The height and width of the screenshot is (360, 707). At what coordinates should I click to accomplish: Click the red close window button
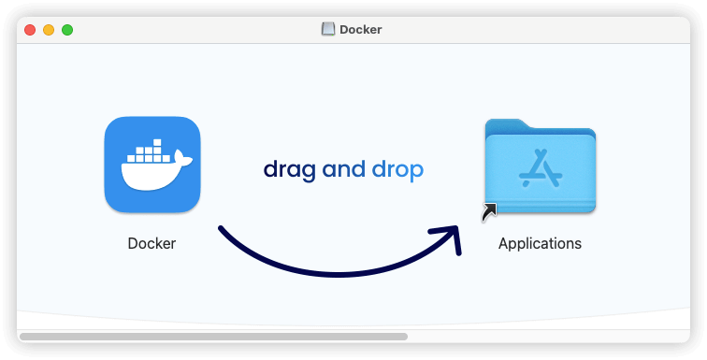[30, 30]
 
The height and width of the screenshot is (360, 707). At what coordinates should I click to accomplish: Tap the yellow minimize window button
[49, 30]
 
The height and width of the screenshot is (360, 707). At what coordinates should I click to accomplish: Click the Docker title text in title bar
[360, 29]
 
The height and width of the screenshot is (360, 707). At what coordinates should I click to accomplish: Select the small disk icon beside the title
[328, 29]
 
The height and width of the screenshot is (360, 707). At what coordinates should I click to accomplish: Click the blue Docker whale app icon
[152, 165]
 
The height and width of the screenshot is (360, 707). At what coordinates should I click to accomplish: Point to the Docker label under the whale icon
[151, 243]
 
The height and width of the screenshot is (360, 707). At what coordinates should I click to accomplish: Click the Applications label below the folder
[540, 243]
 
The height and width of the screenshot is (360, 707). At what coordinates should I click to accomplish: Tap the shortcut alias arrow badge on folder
[489, 214]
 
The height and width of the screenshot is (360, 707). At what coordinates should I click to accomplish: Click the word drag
[289, 170]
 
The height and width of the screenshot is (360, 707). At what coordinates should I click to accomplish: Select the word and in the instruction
[343, 169]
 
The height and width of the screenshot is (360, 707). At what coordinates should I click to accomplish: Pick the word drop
[397, 170]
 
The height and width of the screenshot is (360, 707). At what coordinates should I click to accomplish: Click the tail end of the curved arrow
[222, 228]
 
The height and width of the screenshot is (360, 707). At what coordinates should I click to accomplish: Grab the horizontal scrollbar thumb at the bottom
[213, 336]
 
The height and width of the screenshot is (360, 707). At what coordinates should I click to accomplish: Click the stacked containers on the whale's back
[150, 150]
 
